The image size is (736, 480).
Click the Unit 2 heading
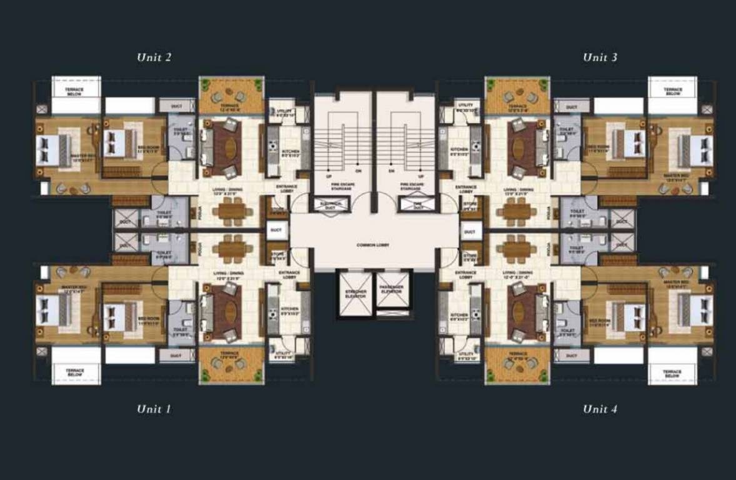[154, 57]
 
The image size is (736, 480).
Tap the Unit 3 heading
[600, 57]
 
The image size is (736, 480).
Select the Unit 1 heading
[154, 409]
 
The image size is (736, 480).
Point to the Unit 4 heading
[600, 409]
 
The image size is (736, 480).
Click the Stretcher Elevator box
[355, 293]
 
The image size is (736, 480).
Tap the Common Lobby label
[374, 245]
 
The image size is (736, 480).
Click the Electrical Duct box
[331, 204]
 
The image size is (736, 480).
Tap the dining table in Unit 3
[516, 211]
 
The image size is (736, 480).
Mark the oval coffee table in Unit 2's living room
[231, 148]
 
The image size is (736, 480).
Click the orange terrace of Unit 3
[517, 97]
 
